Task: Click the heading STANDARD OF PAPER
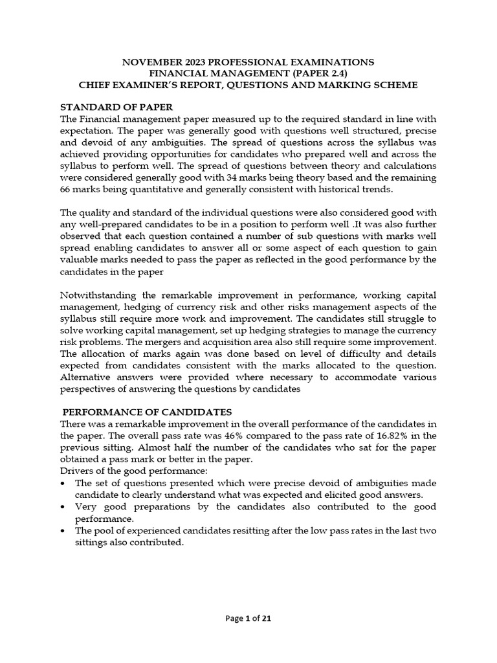(116, 107)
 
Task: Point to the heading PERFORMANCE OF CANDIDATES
(147, 412)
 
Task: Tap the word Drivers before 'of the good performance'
(76, 471)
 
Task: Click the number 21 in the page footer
(266, 618)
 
